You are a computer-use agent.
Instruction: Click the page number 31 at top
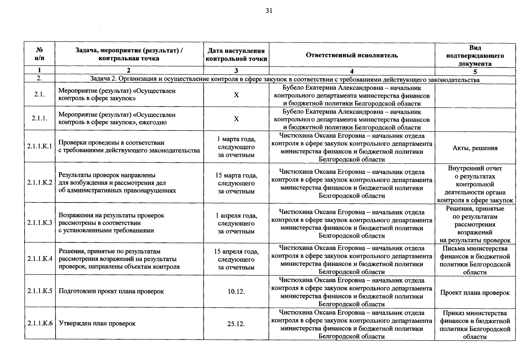269,11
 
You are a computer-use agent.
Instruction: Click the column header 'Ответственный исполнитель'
352,55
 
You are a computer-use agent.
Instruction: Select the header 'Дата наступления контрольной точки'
236,55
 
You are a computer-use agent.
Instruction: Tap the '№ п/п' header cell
39,54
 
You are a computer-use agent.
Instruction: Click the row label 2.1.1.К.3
40,223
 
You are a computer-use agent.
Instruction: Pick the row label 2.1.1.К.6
40,323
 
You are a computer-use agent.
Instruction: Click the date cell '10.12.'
236,292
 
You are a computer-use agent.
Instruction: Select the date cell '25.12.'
236,324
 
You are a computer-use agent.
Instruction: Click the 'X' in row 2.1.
236,95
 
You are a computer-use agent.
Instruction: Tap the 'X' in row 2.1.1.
236,119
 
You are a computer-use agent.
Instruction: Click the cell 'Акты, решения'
475,148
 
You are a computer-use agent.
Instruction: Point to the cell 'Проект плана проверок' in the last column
475,293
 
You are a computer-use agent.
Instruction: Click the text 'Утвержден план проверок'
97,323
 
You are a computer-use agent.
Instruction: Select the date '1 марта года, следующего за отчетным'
236,147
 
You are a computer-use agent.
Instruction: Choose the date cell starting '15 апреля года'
236,259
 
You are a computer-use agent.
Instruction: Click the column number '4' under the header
352,71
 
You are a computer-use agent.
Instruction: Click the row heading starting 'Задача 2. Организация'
285,79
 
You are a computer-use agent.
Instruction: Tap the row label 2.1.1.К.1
40,146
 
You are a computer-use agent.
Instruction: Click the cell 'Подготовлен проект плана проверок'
111,291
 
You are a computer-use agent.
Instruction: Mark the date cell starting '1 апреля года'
236,223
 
